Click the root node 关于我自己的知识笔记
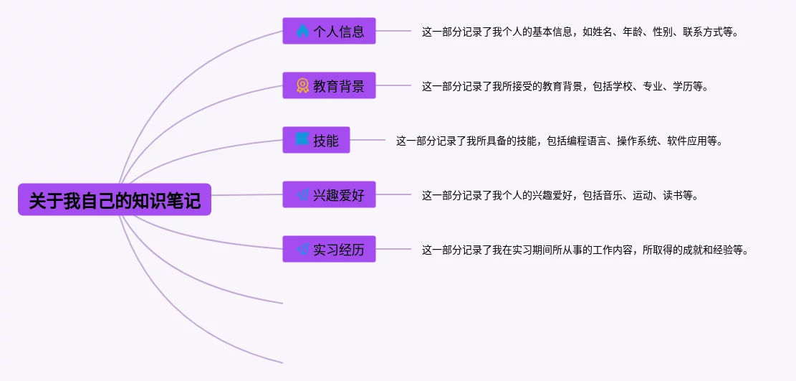tap(115, 199)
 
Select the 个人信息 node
tap(329, 31)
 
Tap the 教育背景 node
tap(329, 85)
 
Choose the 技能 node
tap(316, 140)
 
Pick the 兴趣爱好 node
tap(329, 194)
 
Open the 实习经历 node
tap(329, 249)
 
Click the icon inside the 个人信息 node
tap(302, 31)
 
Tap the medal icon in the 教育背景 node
tap(302, 85)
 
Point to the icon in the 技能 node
tap(302, 140)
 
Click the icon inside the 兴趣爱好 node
tap(302, 194)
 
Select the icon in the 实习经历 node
tap(302, 249)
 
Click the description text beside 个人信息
tap(580, 32)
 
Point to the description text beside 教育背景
tap(565, 86)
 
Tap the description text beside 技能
tap(559, 141)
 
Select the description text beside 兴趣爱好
tap(560, 195)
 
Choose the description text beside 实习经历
tap(585, 250)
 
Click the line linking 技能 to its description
tap(368, 140)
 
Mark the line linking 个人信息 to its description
tap(393, 31)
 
